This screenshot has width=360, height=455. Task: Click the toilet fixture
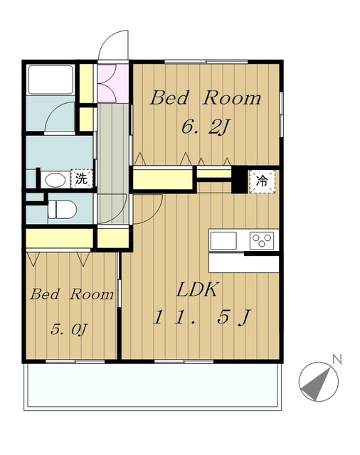[x=62, y=209]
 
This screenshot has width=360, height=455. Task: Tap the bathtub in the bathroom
[x=51, y=80]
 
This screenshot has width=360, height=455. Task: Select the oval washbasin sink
[x=55, y=180]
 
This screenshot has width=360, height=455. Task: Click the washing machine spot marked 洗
[x=81, y=178]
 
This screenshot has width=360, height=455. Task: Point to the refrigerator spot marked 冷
[x=262, y=182]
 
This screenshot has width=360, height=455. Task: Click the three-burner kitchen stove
[x=262, y=240]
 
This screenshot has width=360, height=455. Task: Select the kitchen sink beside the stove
[x=223, y=240]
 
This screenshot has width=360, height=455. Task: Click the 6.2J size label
[x=206, y=127]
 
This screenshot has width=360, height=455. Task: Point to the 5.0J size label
[x=69, y=329]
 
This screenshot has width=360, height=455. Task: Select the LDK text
[x=197, y=289]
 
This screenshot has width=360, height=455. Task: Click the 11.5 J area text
[x=201, y=317]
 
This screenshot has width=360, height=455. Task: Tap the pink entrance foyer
[x=113, y=83]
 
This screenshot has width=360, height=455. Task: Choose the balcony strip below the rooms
[x=153, y=387]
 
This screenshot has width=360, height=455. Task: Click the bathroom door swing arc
[x=53, y=112]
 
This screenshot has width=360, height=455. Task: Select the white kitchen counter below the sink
[x=244, y=263]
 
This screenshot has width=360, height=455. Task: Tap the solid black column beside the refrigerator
[x=240, y=180]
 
